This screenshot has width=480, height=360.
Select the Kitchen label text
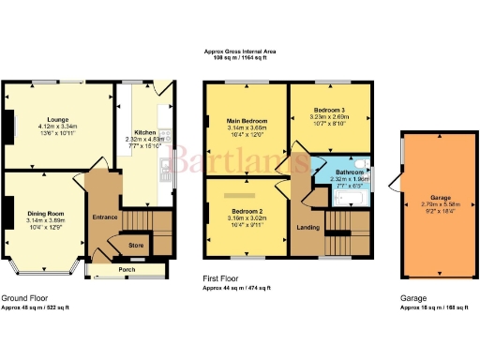[143, 133]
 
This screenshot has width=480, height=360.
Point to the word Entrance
[104, 217]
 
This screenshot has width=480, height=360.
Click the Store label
[136, 246]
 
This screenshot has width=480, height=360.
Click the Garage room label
[434, 197]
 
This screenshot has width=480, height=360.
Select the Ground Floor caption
[23, 298]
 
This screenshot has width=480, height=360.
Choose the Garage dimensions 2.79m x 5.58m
[434, 204]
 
